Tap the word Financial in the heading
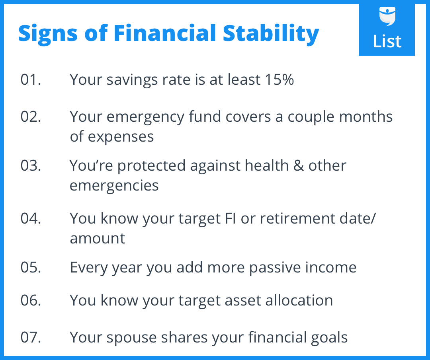tap(165, 33)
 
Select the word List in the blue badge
tap(387, 41)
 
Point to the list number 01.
tap(31, 80)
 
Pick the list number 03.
tap(31, 165)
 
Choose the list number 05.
tap(31, 267)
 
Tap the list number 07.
tap(31, 337)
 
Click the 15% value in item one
tap(279, 80)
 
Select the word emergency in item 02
tap(145, 117)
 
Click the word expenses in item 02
tap(121, 137)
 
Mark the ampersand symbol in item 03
tap(299, 165)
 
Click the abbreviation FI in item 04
tap(231, 218)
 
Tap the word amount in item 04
tap(98, 238)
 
